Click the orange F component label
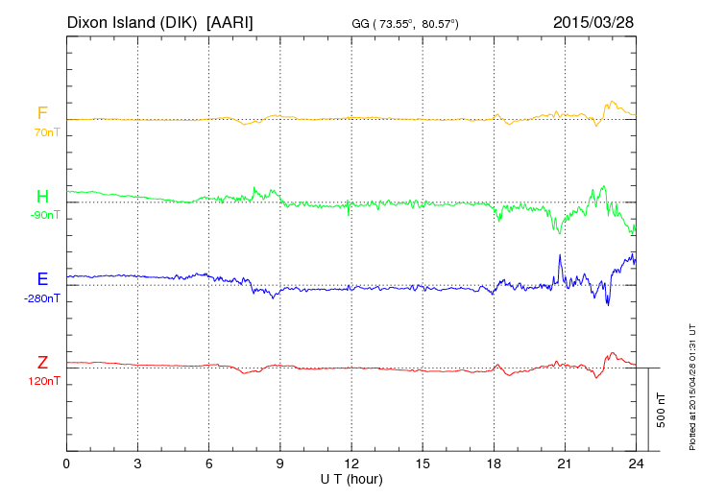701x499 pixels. (42, 114)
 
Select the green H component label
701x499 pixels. (42, 197)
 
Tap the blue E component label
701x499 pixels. (42, 279)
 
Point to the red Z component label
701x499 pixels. (42, 363)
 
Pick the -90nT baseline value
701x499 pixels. (44, 215)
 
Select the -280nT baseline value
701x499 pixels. (42, 298)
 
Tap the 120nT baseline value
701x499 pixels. (44, 381)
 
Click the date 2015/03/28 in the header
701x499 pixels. (593, 21)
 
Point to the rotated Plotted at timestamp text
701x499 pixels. (691, 389)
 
